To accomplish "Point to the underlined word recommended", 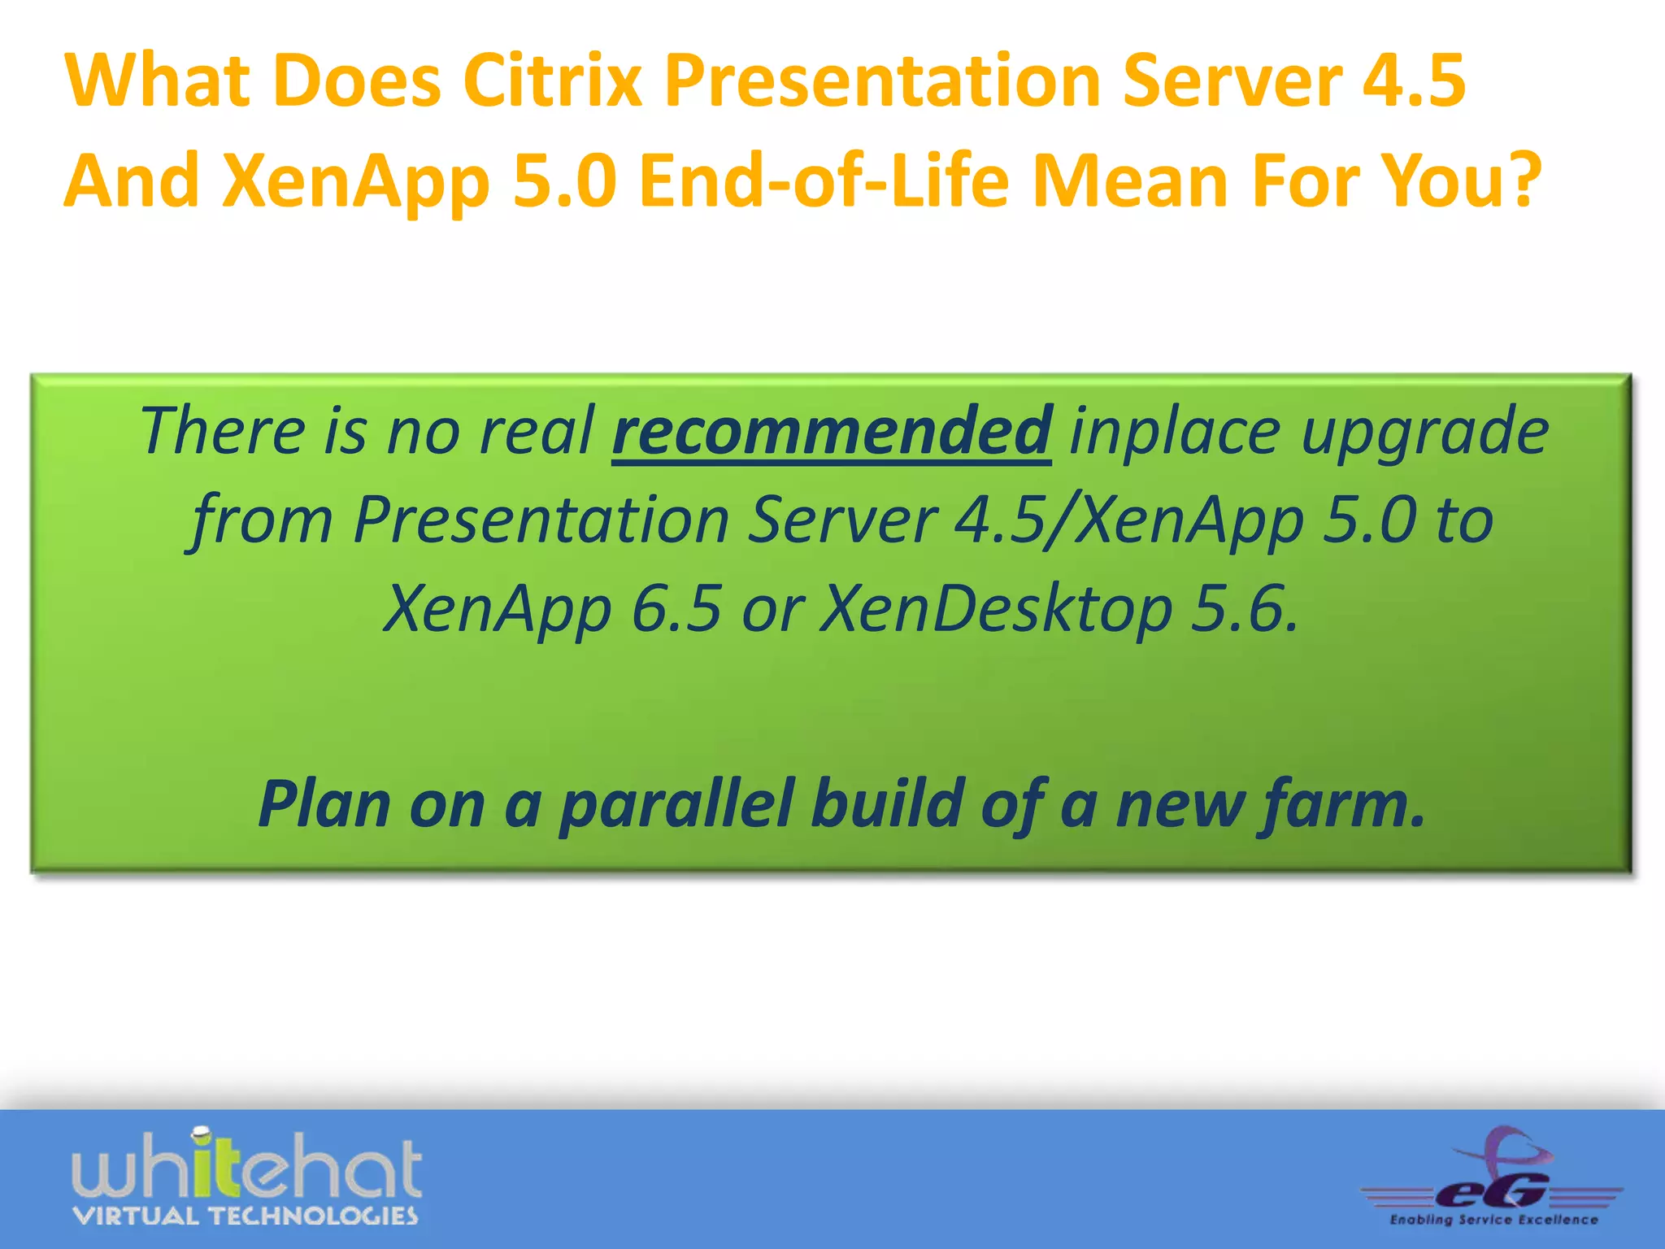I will pyautogui.click(x=832, y=432).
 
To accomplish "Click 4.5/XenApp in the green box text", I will pyautogui.click(x=1128, y=520).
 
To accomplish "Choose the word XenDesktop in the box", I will pyautogui.click(x=996, y=610).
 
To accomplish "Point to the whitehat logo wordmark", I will pyautogui.click(x=247, y=1168).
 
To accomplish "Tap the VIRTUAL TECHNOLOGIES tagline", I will pyautogui.click(x=246, y=1216).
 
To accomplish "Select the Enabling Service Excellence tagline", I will pyautogui.click(x=1493, y=1220).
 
